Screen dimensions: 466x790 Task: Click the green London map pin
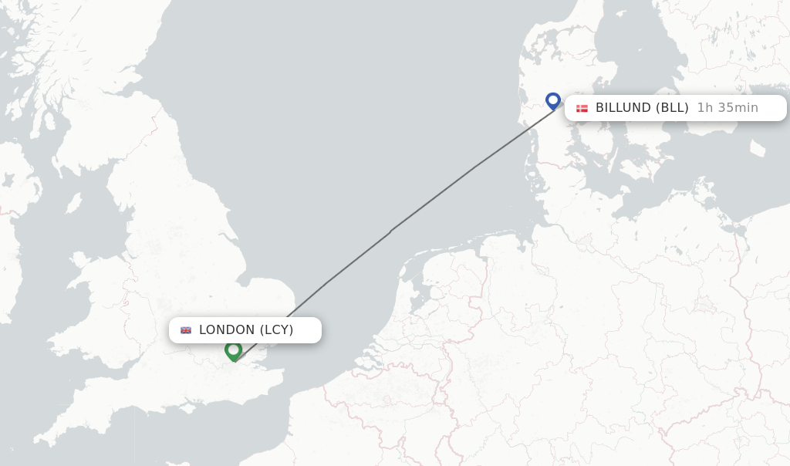pos(233,351)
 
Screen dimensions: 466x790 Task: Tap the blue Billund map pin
pos(553,101)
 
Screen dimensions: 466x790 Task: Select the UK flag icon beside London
pos(186,330)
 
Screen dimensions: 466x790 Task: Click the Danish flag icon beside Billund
pos(582,108)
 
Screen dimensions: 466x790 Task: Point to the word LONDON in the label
pos(227,330)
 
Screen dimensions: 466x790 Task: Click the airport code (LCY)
pos(276,330)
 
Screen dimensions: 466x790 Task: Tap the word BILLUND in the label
pos(623,108)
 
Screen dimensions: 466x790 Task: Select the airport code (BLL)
pos(672,108)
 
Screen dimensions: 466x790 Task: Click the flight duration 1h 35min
pos(728,108)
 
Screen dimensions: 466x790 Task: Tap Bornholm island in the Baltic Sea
pos(758,147)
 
